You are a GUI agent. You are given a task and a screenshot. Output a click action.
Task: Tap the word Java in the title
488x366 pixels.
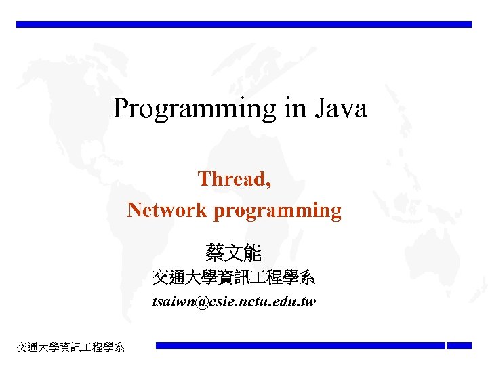pos(340,108)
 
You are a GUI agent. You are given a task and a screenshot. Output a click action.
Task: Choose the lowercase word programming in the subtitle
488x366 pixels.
pos(277,211)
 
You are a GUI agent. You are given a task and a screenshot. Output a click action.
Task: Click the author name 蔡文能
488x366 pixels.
pos(233,254)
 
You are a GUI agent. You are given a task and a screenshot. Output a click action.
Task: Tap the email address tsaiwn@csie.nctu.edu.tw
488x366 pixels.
pos(234,302)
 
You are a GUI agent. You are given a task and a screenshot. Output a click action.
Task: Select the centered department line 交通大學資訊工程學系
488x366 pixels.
pos(234,278)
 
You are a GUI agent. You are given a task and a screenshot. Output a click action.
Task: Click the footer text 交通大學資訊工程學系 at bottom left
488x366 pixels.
pos(70,348)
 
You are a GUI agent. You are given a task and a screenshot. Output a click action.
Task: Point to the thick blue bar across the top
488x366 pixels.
pos(244,24)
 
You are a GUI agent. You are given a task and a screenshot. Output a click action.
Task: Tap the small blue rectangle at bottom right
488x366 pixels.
pos(459,346)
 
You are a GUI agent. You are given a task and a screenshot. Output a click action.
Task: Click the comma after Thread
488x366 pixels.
pos(270,184)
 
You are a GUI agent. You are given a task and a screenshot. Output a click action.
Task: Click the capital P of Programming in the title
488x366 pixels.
pos(121,108)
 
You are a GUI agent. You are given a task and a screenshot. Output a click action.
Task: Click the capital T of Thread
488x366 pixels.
pos(203,179)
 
